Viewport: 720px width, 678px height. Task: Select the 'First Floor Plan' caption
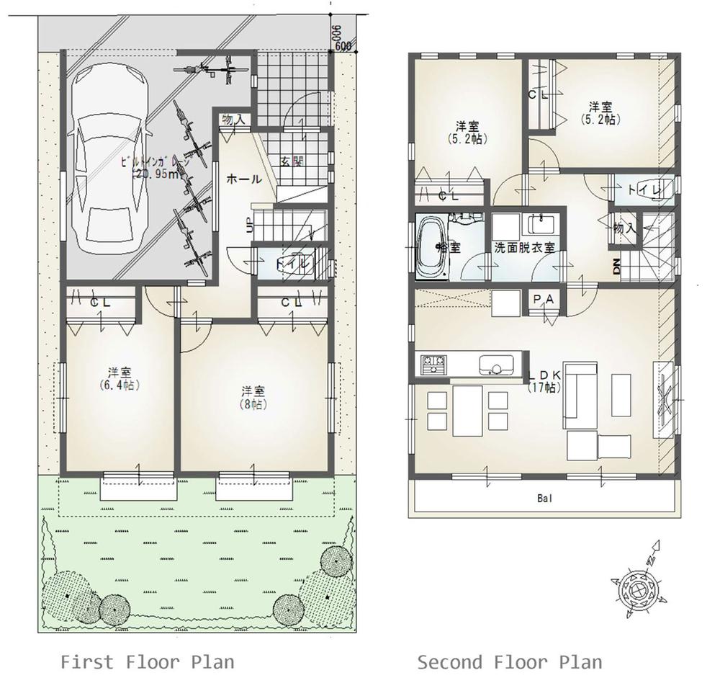pos(147,661)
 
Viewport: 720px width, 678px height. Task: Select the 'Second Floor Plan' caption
pos(510,661)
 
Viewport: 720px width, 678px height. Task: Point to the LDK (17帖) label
pos(543,381)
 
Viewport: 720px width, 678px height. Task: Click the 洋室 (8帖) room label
pos(253,397)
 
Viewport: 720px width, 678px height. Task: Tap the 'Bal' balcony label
pos(544,498)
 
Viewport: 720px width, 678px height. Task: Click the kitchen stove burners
pos(433,363)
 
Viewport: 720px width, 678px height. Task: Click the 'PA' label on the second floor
pos(541,298)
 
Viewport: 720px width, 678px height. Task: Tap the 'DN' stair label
pos(616,267)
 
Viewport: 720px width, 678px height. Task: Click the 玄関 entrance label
pos(292,161)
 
